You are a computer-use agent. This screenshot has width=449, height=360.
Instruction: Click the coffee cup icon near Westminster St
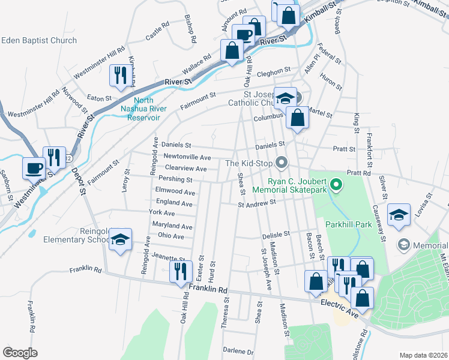(33, 167)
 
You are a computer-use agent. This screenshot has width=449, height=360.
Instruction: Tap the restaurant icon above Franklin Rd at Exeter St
(181, 271)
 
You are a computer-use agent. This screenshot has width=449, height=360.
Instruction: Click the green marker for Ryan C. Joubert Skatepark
(336, 185)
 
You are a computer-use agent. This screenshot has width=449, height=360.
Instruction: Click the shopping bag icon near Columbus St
(298, 118)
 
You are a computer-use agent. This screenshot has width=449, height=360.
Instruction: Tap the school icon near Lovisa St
(398, 215)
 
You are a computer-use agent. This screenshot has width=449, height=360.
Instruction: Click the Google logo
(20, 352)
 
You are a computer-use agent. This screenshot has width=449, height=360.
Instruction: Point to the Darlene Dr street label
(238, 351)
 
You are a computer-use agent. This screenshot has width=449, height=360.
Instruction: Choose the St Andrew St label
(256, 203)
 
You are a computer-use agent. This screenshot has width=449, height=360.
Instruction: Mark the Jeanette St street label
(167, 257)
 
